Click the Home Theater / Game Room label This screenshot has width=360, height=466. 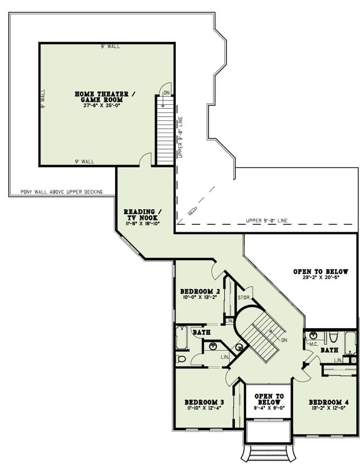[105, 97]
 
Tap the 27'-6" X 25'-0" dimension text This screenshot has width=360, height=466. [101, 106]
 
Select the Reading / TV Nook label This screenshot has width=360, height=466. [142, 215]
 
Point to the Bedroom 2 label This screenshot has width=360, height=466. [200, 291]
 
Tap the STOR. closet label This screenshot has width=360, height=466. [244, 298]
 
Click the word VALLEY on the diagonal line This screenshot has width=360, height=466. [193, 211]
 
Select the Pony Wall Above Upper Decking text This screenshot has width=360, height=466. [61, 192]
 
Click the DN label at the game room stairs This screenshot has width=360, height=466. [167, 93]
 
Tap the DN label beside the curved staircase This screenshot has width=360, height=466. [284, 340]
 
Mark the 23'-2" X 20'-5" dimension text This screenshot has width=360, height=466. [321, 277]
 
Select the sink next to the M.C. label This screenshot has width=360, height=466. [314, 335]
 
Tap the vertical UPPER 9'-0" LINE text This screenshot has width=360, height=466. [180, 137]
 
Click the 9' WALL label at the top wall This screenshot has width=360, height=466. [110, 46]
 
